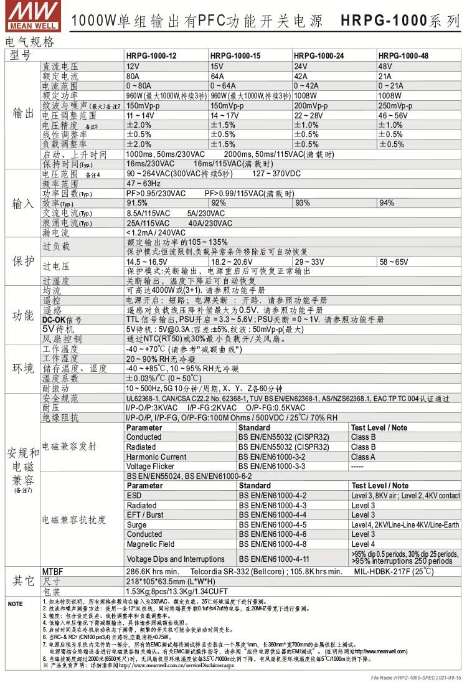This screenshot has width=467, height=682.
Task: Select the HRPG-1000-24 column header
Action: (318, 55)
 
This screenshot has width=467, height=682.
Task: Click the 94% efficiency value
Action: (387, 202)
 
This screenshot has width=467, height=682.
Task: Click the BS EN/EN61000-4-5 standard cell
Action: (272, 524)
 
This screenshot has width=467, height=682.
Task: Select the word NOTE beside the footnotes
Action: (14, 604)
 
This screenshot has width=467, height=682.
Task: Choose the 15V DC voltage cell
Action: (217, 65)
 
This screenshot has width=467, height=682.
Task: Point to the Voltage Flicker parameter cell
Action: (152, 466)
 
